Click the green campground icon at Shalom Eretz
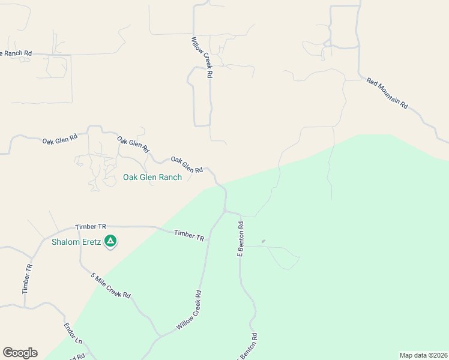[110, 242]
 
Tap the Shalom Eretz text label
[76, 242]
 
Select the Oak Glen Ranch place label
[152, 177]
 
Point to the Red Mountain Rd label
[387, 93]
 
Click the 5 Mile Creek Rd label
[110, 286]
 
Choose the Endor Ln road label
[73, 334]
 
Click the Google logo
[20, 353]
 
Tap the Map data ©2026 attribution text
[423, 355]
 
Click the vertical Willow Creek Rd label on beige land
[202, 58]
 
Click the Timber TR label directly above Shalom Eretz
[90, 227]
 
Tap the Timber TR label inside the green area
[189, 235]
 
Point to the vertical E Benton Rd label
[240, 239]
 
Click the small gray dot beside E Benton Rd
[263, 242]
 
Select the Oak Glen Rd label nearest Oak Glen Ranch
[187, 164]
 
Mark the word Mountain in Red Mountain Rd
[388, 94]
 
